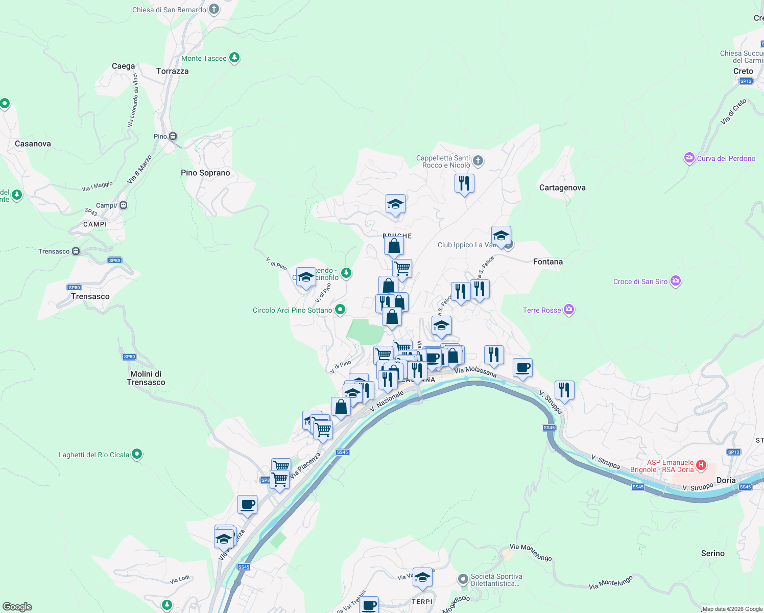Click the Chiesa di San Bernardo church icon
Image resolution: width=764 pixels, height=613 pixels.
[x=214, y=9]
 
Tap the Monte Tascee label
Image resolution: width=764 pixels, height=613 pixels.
[x=204, y=58]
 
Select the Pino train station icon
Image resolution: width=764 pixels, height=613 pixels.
[x=173, y=136]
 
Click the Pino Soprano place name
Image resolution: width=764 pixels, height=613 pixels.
[x=205, y=173]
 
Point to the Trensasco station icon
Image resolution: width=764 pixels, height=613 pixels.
[x=76, y=251]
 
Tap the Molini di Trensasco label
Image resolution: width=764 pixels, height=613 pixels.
[x=146, y=378]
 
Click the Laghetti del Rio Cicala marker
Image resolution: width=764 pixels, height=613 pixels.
[x=136, y=454]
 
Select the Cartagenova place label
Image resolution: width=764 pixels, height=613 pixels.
[x=562, y=187]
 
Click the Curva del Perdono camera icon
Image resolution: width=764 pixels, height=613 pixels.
[x=689, y=158]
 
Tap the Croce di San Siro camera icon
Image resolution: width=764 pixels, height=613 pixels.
[x=676, y=281]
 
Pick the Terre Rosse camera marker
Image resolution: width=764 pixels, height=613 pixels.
[x=569, y=310]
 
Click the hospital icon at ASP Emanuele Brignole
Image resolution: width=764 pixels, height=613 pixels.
[x=701, y=465]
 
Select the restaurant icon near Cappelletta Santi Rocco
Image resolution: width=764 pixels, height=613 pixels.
[x=464, y=183]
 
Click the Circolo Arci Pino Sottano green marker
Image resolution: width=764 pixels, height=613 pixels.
[x=340, y=310]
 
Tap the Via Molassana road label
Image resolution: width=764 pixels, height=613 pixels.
[x=475, y=372]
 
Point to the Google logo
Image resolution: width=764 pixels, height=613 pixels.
[x=17, y=607]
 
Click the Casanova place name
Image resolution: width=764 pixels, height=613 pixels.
[x=33, y=144]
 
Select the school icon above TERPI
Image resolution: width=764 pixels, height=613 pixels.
[x=422, y=577]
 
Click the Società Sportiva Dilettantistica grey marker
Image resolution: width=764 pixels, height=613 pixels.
[x=463, y=579]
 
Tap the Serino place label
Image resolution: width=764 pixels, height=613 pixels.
[x=712, y=553]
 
